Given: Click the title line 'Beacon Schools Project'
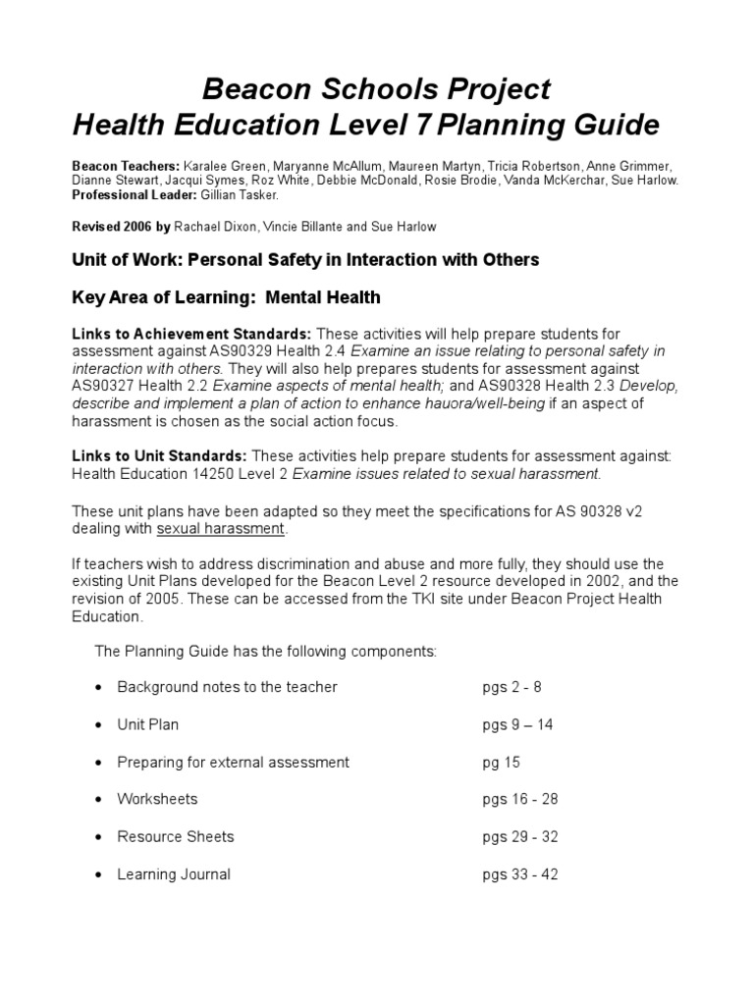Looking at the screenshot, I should [376, 89].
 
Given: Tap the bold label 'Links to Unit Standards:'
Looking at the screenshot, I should [160, 456].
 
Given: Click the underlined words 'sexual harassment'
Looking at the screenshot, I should [221, 529].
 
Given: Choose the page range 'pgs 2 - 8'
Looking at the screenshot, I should [512, 687].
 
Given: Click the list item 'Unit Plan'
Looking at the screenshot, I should [148, 725].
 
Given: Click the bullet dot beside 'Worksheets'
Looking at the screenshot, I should [98, 800].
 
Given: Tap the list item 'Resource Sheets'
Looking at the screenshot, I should [176, 837].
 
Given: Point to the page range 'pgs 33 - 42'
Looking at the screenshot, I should [519, 874].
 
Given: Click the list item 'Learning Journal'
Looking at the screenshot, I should [174, 874].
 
